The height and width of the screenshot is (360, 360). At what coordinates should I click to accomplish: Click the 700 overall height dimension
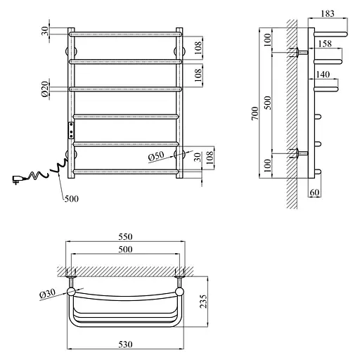pos(255,113)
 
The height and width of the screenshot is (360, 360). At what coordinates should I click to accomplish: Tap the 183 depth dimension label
pos(328,13)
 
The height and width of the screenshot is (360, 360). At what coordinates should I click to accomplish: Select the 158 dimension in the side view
pos(325,44)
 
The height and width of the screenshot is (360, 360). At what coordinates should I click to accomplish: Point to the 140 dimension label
pos(323,75)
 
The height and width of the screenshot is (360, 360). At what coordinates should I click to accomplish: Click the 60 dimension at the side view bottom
pos(314,193)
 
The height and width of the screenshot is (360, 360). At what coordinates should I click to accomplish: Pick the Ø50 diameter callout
pos(156,156)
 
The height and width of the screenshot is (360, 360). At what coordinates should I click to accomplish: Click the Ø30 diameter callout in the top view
pos(48,293)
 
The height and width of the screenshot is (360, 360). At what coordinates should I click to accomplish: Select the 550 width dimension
pos(125,237)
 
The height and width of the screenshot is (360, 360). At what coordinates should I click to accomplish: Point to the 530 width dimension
pos(125,345)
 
